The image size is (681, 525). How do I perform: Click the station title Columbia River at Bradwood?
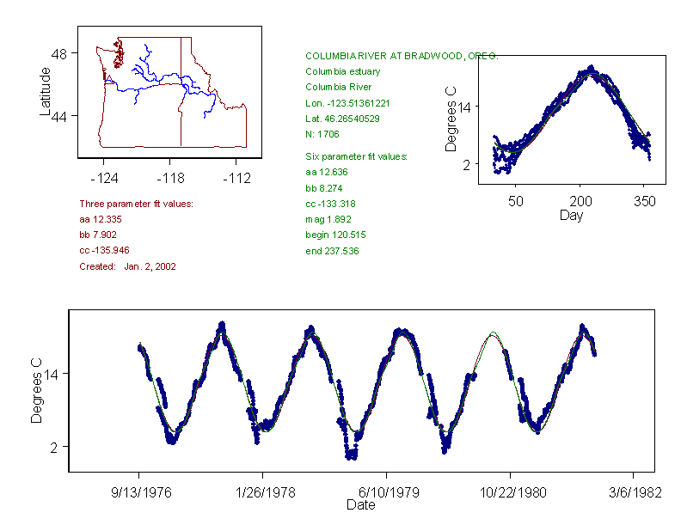(x=401, y=56)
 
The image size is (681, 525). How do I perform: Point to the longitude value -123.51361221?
(x=347, y=102)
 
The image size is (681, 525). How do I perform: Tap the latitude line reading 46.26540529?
(x=342, y=119)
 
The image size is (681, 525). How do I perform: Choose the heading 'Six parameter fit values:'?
(x=356, y=156)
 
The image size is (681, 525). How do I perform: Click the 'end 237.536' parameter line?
(x=332, y=251)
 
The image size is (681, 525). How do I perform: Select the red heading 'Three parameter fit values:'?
(x=136, y=204)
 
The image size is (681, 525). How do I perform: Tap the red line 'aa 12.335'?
(x=100, y=219)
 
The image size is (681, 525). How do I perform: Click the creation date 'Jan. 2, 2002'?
(x=150, y=266)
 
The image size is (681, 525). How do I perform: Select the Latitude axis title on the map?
(x=46, y=91)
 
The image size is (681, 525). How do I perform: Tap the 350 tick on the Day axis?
(x=644, y=201)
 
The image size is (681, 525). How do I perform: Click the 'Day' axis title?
(x=571, y=216)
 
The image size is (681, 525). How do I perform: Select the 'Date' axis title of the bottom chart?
(x=360, y=505)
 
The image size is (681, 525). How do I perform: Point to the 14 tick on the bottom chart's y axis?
(x=53, y=375)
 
